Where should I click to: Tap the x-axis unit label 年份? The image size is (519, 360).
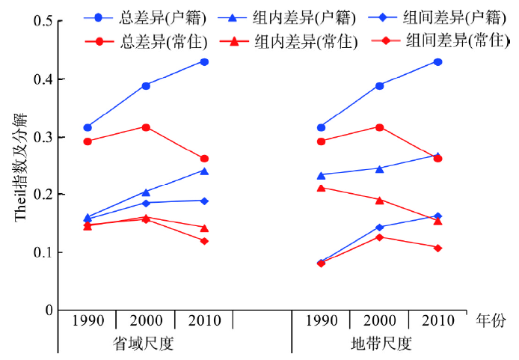tap(491, 321)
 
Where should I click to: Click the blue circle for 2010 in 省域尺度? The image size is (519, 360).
tap(204, 62)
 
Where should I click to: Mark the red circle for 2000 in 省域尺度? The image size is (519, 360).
tap(146, 127)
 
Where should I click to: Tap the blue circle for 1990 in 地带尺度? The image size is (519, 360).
tap(322, 127)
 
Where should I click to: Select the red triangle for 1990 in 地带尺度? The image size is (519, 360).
tap(322, 188)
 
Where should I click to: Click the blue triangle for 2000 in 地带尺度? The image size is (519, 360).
tap(380, 169)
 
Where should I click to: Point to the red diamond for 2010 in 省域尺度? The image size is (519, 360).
tap(204, 241)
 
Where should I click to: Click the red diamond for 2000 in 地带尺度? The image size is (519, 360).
tap(380, 237)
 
